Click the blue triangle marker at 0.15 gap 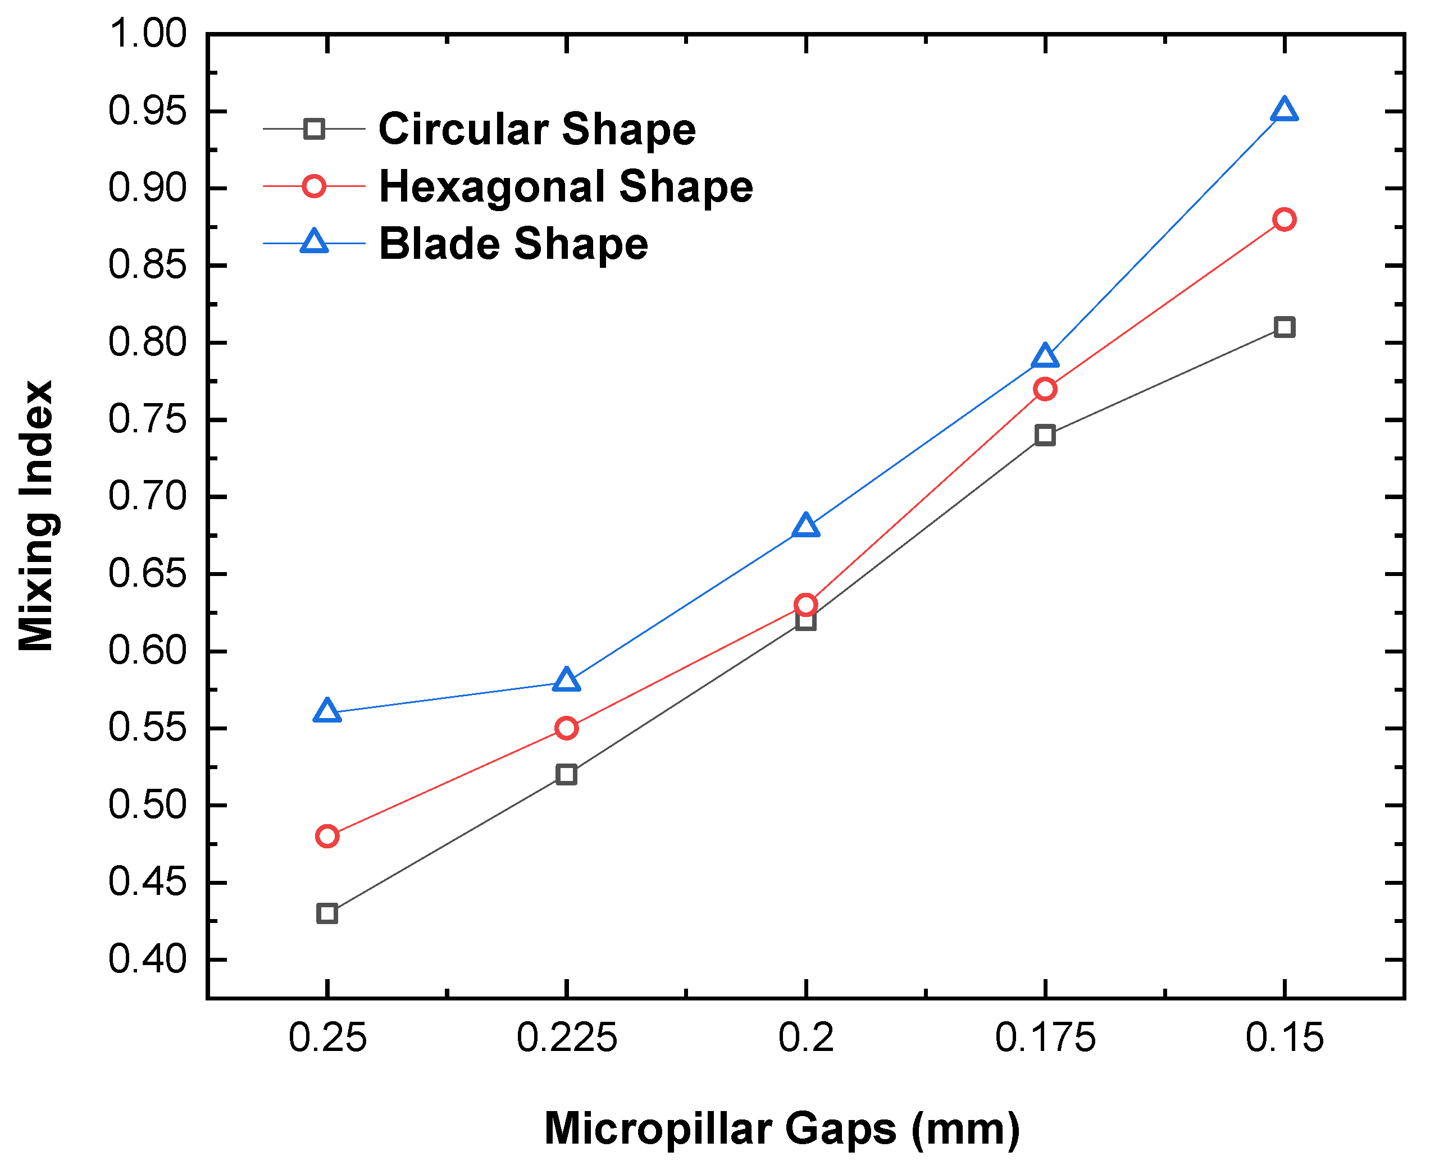(x=1284, y=111)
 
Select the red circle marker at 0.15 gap (x=1284, y=220)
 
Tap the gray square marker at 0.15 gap (x=1284, y=327)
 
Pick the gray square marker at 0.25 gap (x=327, y=914)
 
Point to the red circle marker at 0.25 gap (x=327, y=837)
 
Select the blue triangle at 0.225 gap (x=566, y=680)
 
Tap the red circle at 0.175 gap (x=1044, y=389)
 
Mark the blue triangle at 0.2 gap (x=805, y=525)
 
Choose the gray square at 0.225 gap (x=566, y=774)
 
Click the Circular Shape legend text (x=537, y=129)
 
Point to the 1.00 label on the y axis (x=147, y=34)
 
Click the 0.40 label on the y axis (x=147, y=959)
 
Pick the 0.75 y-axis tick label (x=147, y=419)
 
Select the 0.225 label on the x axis (x=566, y=1038)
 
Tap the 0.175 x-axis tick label (x=1045, y=1038)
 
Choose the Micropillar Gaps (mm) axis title (x=782, y=1128)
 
